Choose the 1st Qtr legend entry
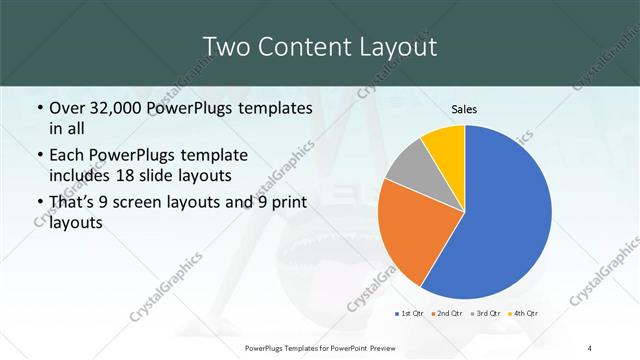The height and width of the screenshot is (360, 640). pos(413,313)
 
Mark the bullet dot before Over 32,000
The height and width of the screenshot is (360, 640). pos(39,108)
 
